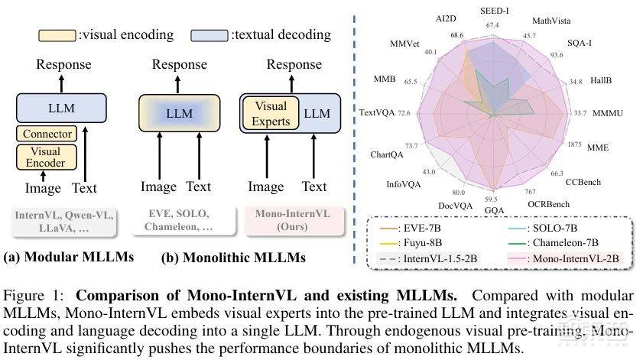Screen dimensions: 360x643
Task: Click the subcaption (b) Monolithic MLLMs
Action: tap(233, 258)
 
